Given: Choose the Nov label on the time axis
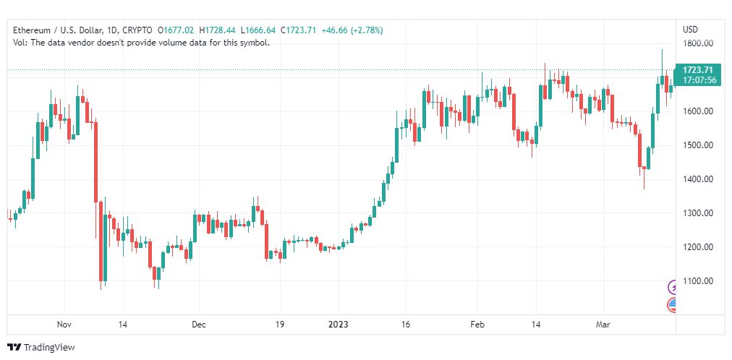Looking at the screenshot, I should [65, 325].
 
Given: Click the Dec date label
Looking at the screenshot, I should [200, 325].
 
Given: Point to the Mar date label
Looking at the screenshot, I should [604, 325].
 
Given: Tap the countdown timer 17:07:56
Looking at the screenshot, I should [697, 80].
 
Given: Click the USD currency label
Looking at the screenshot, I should [690, 30].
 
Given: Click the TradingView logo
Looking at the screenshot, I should [41, 348].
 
